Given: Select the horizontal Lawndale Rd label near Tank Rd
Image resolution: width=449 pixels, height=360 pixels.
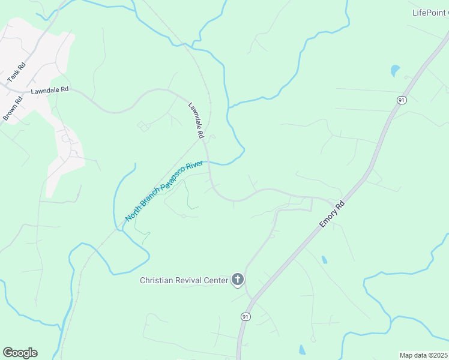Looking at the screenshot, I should point(50,90).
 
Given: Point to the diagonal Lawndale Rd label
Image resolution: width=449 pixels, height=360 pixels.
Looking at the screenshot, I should point(196,119).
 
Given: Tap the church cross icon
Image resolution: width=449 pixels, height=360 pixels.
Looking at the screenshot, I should point(238,280).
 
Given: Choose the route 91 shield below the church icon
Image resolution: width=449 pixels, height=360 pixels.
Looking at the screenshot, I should point(246,316).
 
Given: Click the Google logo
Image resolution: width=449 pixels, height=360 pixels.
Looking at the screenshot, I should point(20,353).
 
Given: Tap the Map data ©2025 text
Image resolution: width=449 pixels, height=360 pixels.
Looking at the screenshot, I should point(423,355).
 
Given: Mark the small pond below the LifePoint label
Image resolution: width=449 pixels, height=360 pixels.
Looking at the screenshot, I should point(394,70).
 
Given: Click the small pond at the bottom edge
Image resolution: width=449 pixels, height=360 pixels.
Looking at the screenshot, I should point(303,350).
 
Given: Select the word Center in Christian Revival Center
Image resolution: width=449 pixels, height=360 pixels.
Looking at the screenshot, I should point(217,280).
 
